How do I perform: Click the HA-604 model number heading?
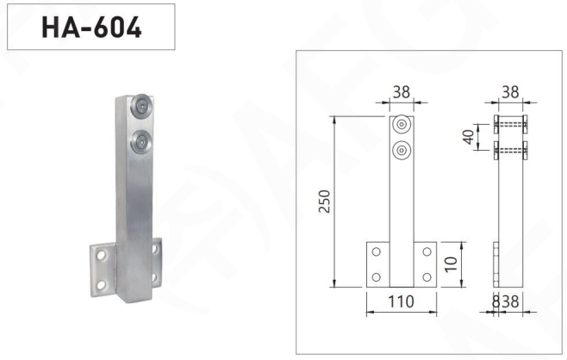click(x=91, y=28)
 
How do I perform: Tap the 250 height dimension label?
click(x=325, y=202)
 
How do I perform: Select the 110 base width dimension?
click(x=401, y=301)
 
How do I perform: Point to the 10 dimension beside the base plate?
click(x=451, y=264)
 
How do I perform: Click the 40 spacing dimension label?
click(x=468, y=137)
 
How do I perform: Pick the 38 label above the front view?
click(x=402, y=92)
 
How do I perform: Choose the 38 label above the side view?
click(x=510, y=92)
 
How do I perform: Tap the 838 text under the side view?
click(x=506, y=301)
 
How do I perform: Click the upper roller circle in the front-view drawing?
click(x=402, y=124)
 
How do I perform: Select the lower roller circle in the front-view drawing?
click(x=402, y=150)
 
